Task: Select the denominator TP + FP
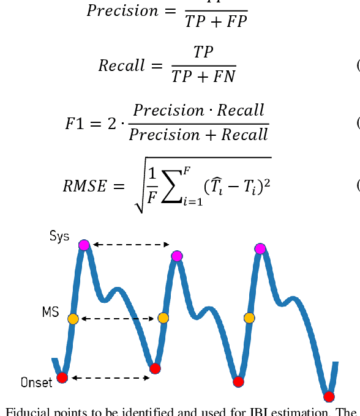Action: [216, 21]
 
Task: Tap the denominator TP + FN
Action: [203, 76]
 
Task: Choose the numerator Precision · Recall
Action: [199, 110]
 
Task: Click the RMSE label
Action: [85, 186]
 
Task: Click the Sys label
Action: [59, 236]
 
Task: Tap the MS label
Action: [50, 313]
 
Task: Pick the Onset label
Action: [36, 383]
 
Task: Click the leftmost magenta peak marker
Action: [84, 245]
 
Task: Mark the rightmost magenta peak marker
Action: [261, 248]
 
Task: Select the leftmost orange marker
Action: [73, 319]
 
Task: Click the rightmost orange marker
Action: [249, 318]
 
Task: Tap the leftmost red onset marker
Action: [62, 377]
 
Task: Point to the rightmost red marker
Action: [329, 396]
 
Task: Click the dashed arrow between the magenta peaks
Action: [130, 245]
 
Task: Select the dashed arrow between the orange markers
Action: [118, 319]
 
